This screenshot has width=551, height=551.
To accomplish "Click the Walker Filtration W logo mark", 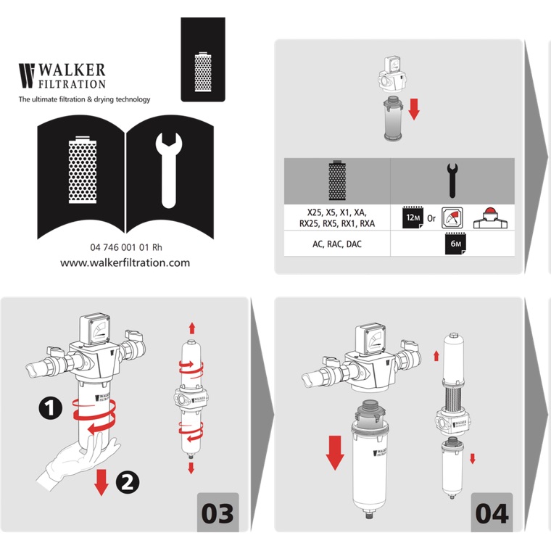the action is coord(27,75).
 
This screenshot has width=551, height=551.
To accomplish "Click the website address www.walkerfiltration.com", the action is coord(125,263).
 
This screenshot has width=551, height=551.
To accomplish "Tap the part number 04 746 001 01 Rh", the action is coord(126,247).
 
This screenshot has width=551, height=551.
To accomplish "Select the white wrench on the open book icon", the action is coord(169,170).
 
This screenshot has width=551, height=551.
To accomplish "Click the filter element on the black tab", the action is coord(203,72).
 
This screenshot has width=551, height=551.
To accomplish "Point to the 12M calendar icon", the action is coord(413,218).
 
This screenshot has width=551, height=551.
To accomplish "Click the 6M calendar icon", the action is coord(455,243).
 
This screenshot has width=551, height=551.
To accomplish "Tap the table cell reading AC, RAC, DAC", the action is coord(337,244).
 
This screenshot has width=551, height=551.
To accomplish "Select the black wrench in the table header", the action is coord(452,181).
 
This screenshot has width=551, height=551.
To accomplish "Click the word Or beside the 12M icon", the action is coord(431,218).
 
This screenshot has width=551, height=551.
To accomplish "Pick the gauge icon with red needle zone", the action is coord(452,218).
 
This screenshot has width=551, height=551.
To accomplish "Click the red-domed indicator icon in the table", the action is coord(491,218).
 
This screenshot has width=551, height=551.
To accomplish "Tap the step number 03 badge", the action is coord(217,513).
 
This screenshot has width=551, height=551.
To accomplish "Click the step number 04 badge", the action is coord(492,513).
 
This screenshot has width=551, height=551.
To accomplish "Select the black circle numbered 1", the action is coord(50,408).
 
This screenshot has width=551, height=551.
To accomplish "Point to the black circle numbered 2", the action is coord(128,482).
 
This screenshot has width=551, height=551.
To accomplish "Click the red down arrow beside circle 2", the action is coord(101,482).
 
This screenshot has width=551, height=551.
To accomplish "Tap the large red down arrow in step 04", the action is coord(335,453).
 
